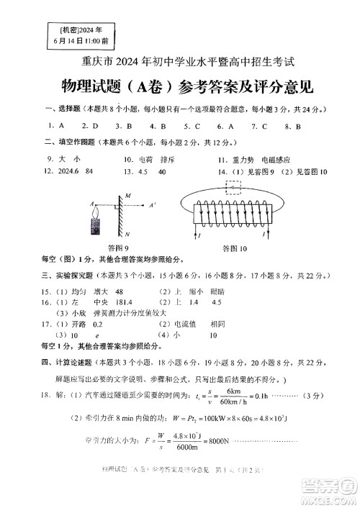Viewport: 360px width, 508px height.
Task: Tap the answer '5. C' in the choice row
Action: pyautogui.click(x=190, y=126)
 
